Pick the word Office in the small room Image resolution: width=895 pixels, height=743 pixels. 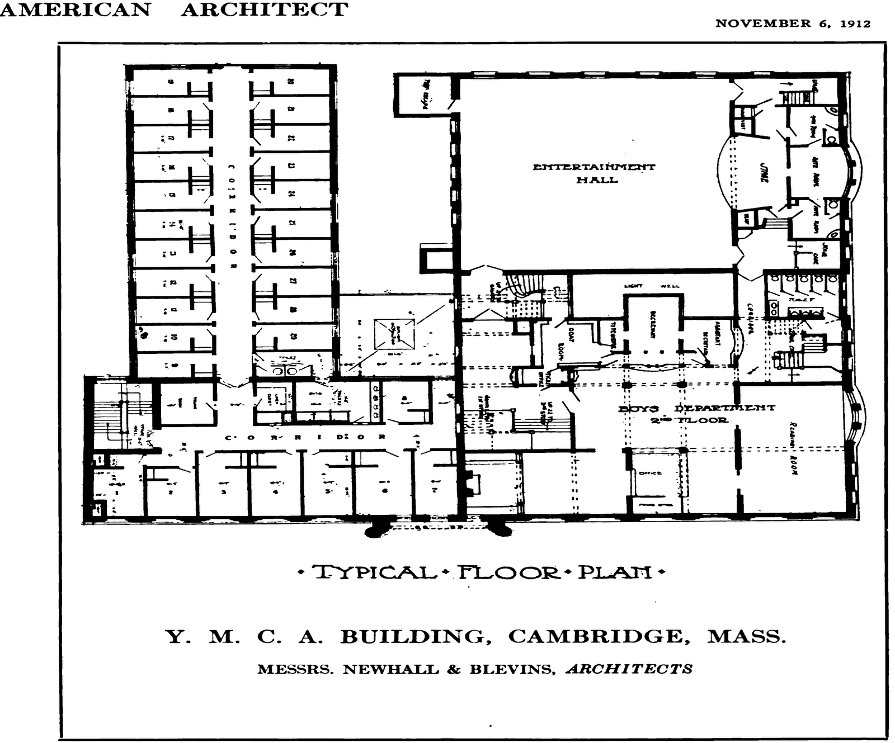[650, 473]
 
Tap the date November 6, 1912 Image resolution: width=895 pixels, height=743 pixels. [793, 23]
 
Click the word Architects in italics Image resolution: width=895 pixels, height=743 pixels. [629, 669]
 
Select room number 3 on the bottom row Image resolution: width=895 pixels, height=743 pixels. [223, 492]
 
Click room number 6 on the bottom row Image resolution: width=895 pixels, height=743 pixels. [384, 491]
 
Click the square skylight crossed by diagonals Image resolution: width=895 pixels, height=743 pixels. [395, 334]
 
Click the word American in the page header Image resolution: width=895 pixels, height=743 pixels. [76, 10]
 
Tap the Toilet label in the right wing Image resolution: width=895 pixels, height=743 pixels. [801, 300]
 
